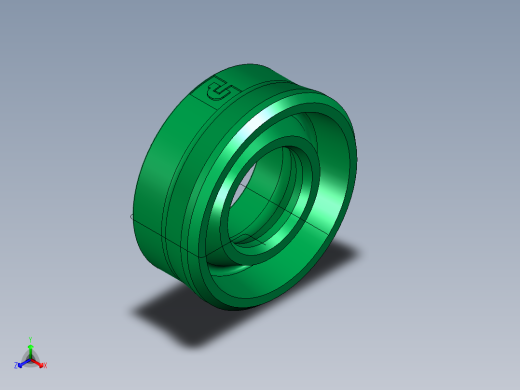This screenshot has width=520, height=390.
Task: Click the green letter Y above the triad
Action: click(31, 339)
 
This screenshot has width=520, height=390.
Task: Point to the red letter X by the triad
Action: click(45, 365)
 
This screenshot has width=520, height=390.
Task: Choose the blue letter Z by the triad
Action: click(17, 366)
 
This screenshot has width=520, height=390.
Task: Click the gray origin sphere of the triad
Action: click(31, 358)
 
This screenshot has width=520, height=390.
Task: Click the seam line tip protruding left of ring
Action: click(134, 215)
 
